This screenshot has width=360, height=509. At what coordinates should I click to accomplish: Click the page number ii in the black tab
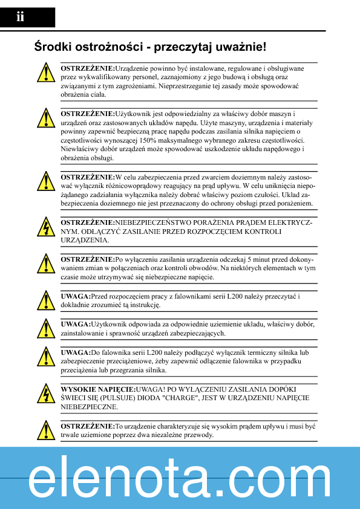pos(20,18)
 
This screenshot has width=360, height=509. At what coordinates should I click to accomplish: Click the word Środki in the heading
pos(53,47)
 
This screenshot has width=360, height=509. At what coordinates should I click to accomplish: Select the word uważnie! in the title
pos(240,47)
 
